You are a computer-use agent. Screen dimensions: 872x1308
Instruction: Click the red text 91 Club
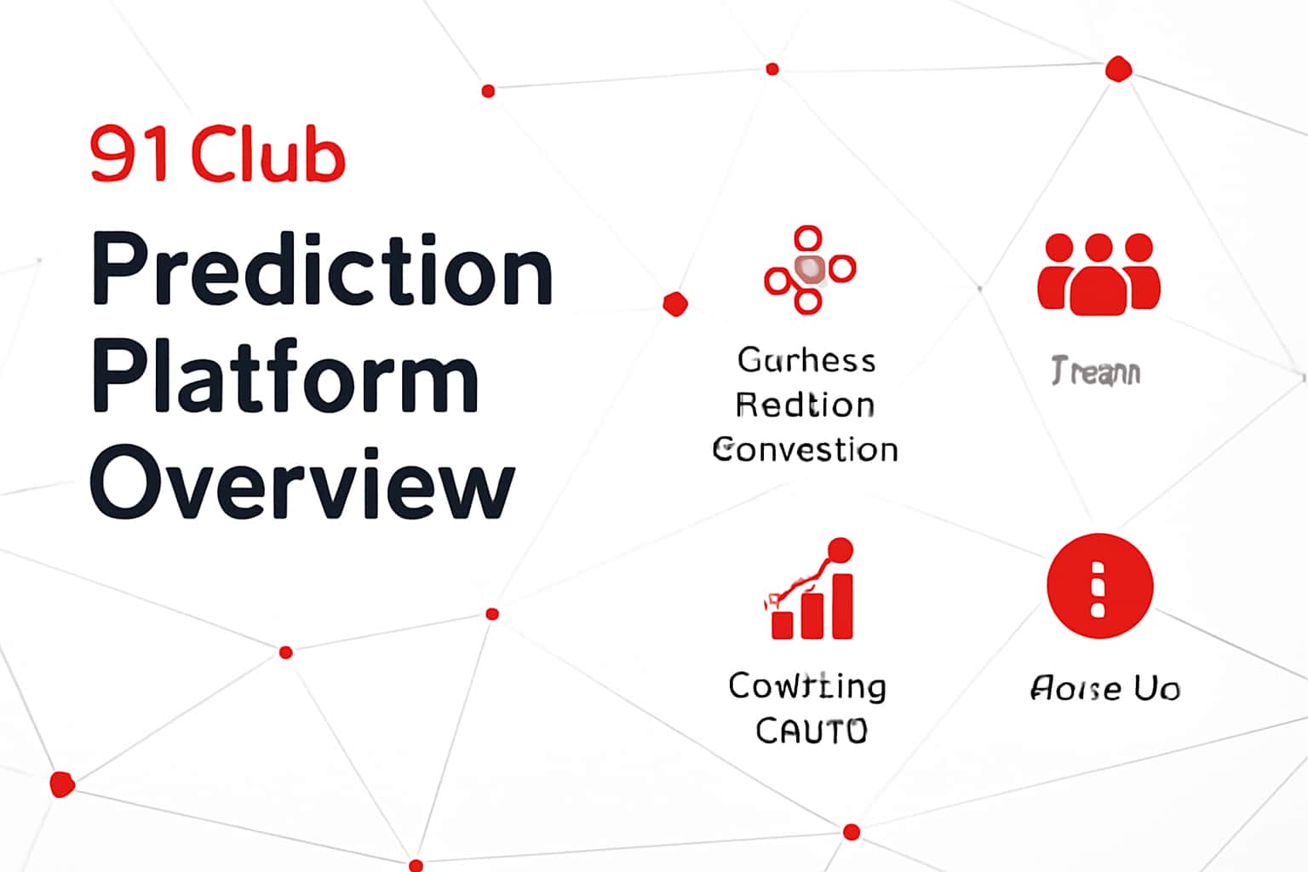[x=218, y=154]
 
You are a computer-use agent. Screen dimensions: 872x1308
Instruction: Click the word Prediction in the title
[x=322, y=269]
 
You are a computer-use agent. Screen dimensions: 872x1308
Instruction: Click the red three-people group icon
[x=1099, y=273]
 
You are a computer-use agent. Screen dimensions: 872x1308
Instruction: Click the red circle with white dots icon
[x=1099, y=586]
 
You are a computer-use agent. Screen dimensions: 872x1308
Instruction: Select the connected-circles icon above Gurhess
[x=809, y=269]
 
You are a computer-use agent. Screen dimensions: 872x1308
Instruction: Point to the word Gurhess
[x=806, y=360]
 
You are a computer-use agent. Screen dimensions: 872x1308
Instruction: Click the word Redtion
[x=805, y=404]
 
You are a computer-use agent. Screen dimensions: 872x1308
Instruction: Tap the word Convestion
[x=806, y=450]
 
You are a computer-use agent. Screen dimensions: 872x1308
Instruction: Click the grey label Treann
[x=1095, y=372]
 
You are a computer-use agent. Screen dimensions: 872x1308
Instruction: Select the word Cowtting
[x=807, y=686]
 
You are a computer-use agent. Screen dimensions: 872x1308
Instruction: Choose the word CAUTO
[x=811, y=731]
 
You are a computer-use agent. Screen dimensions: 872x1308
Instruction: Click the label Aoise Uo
[x=1104, y=688]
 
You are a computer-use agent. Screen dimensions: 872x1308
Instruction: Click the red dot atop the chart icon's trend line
[x=840, y=550]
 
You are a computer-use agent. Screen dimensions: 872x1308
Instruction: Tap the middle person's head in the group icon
[x=1099, y=248]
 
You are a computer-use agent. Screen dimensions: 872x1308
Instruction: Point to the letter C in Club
[x=212, y=155]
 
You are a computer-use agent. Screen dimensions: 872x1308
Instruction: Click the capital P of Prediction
[x=116, y=269]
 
